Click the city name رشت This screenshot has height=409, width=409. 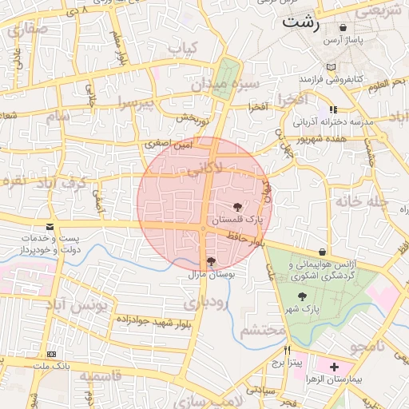(300, 23)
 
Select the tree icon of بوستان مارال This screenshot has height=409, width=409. (211, 261)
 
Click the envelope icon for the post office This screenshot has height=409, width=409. (50, 228)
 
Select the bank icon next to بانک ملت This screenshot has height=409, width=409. (52, 354)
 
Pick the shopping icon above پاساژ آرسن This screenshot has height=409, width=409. (343, 27)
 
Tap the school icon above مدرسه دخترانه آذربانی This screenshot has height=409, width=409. (333, 109)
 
